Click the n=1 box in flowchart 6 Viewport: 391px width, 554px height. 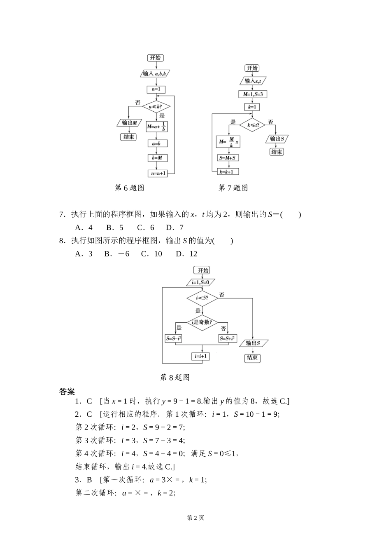pos(156,89)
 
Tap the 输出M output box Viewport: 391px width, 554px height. pos(130,123)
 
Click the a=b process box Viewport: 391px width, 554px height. pos(156,143)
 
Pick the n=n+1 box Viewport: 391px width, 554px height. pos(158,174)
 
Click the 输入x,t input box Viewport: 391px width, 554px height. pos(253,81)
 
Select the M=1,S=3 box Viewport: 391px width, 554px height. pos(253,94)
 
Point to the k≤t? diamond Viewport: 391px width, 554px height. pos(252,124)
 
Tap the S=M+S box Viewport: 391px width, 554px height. pos(229,158)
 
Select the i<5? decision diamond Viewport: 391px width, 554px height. pos(202,298)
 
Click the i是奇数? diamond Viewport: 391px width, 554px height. pos(202,322)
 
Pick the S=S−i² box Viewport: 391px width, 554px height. pos(174,338)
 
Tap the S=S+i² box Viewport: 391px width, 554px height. pos(227,338)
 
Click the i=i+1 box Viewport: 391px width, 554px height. pos(200,356)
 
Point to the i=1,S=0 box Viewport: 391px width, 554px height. pos(200,282)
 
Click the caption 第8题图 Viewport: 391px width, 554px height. pos(174,377)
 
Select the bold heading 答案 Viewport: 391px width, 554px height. pos(67,391)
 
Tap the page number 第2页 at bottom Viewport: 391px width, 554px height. pos(195,518)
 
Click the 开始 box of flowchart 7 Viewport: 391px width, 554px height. pos(252,68)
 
